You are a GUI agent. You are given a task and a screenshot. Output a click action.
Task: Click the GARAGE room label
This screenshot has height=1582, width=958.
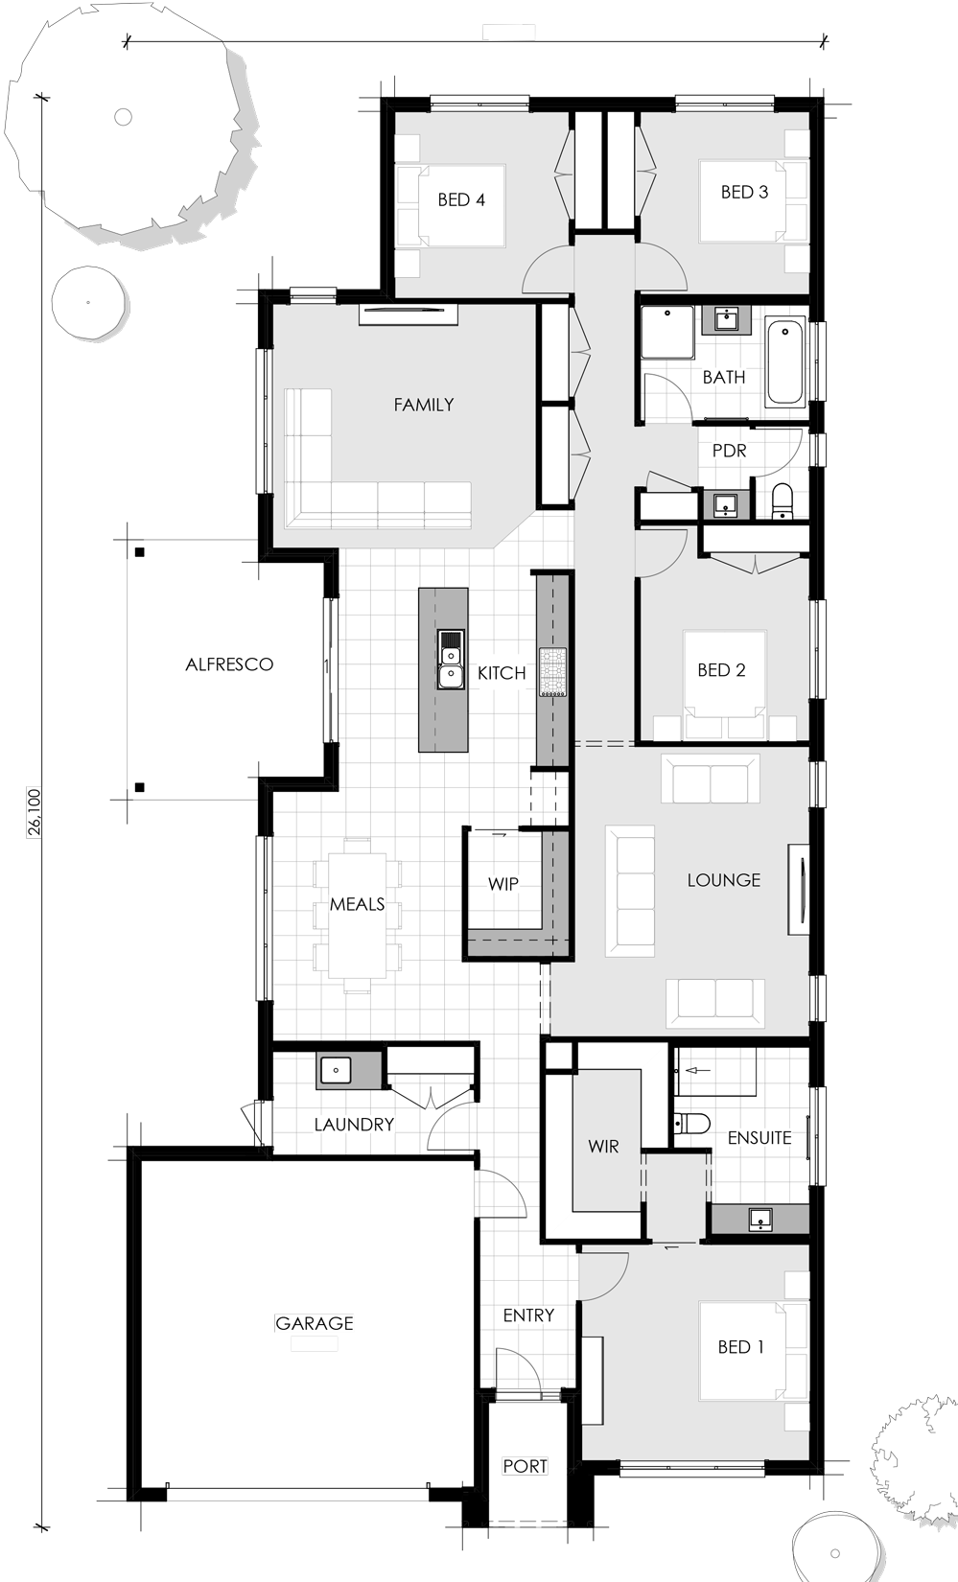[315, 1323]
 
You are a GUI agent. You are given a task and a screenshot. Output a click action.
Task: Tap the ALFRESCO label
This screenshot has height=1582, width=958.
[229, 663]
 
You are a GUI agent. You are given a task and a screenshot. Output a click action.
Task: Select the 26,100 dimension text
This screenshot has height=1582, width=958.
[35, 812]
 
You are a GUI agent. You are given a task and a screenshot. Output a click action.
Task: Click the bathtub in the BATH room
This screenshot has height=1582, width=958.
[785, 362]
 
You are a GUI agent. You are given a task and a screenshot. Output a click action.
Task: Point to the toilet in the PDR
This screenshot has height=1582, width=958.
[783, 500]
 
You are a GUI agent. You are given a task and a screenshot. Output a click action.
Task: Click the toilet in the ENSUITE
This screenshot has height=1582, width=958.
[692, 1122]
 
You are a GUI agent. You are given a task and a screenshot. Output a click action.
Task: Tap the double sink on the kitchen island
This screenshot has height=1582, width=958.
[450, 659]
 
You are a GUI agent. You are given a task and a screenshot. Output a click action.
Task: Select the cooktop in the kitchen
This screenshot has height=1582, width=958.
[552, 672]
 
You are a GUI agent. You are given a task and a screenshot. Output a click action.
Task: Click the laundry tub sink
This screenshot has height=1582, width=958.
[336, 1071]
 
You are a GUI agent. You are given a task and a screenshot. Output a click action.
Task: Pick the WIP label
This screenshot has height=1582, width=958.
[503, 883]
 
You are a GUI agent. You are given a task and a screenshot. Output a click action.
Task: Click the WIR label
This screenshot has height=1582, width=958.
[603, 1147]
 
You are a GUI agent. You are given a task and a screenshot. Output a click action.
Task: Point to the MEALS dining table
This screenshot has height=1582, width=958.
[358, 916]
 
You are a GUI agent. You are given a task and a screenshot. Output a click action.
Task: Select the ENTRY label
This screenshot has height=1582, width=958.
[528, 1315]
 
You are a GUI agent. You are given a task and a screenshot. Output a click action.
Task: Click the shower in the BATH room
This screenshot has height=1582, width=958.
[667, 332]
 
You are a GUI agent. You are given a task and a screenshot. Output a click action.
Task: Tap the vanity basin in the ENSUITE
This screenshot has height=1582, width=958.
[760, 1220]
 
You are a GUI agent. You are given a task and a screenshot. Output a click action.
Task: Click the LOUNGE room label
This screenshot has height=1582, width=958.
[723, 880]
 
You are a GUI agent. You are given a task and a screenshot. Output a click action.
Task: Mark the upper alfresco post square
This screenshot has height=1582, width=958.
[140, 552]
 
